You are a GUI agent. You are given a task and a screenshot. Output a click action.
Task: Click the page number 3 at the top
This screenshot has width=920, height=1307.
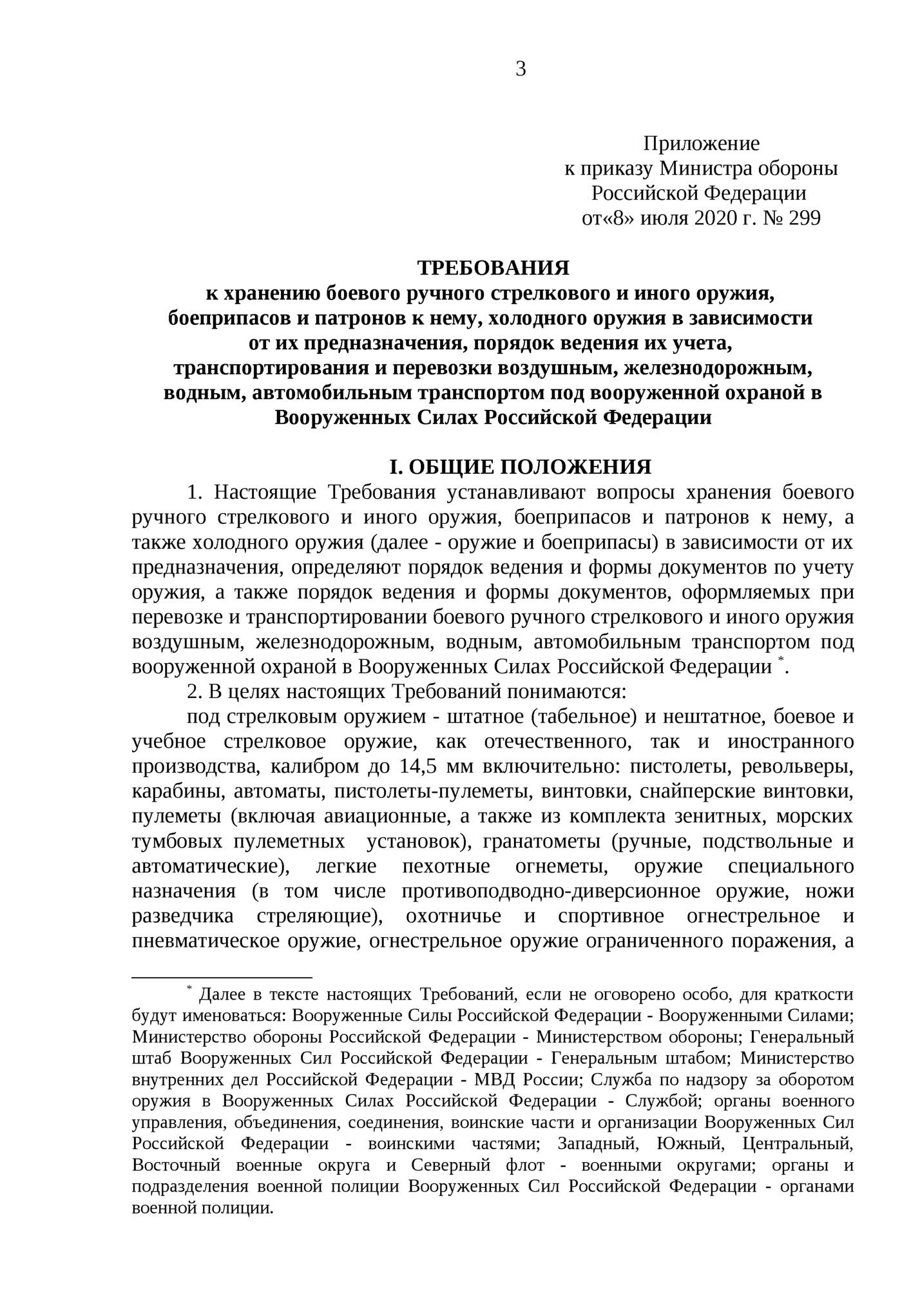coord(521,69)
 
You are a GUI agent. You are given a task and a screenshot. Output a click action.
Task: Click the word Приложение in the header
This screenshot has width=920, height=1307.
coord(701,143)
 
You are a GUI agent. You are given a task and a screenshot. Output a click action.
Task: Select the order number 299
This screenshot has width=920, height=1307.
coord(803,219)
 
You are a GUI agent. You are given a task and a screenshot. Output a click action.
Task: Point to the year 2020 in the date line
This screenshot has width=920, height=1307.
coord(711,219)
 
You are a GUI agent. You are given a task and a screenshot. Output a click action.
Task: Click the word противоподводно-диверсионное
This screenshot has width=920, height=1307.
coord(551,892)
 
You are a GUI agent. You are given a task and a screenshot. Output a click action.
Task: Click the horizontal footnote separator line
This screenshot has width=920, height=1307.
coord(222,978)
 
